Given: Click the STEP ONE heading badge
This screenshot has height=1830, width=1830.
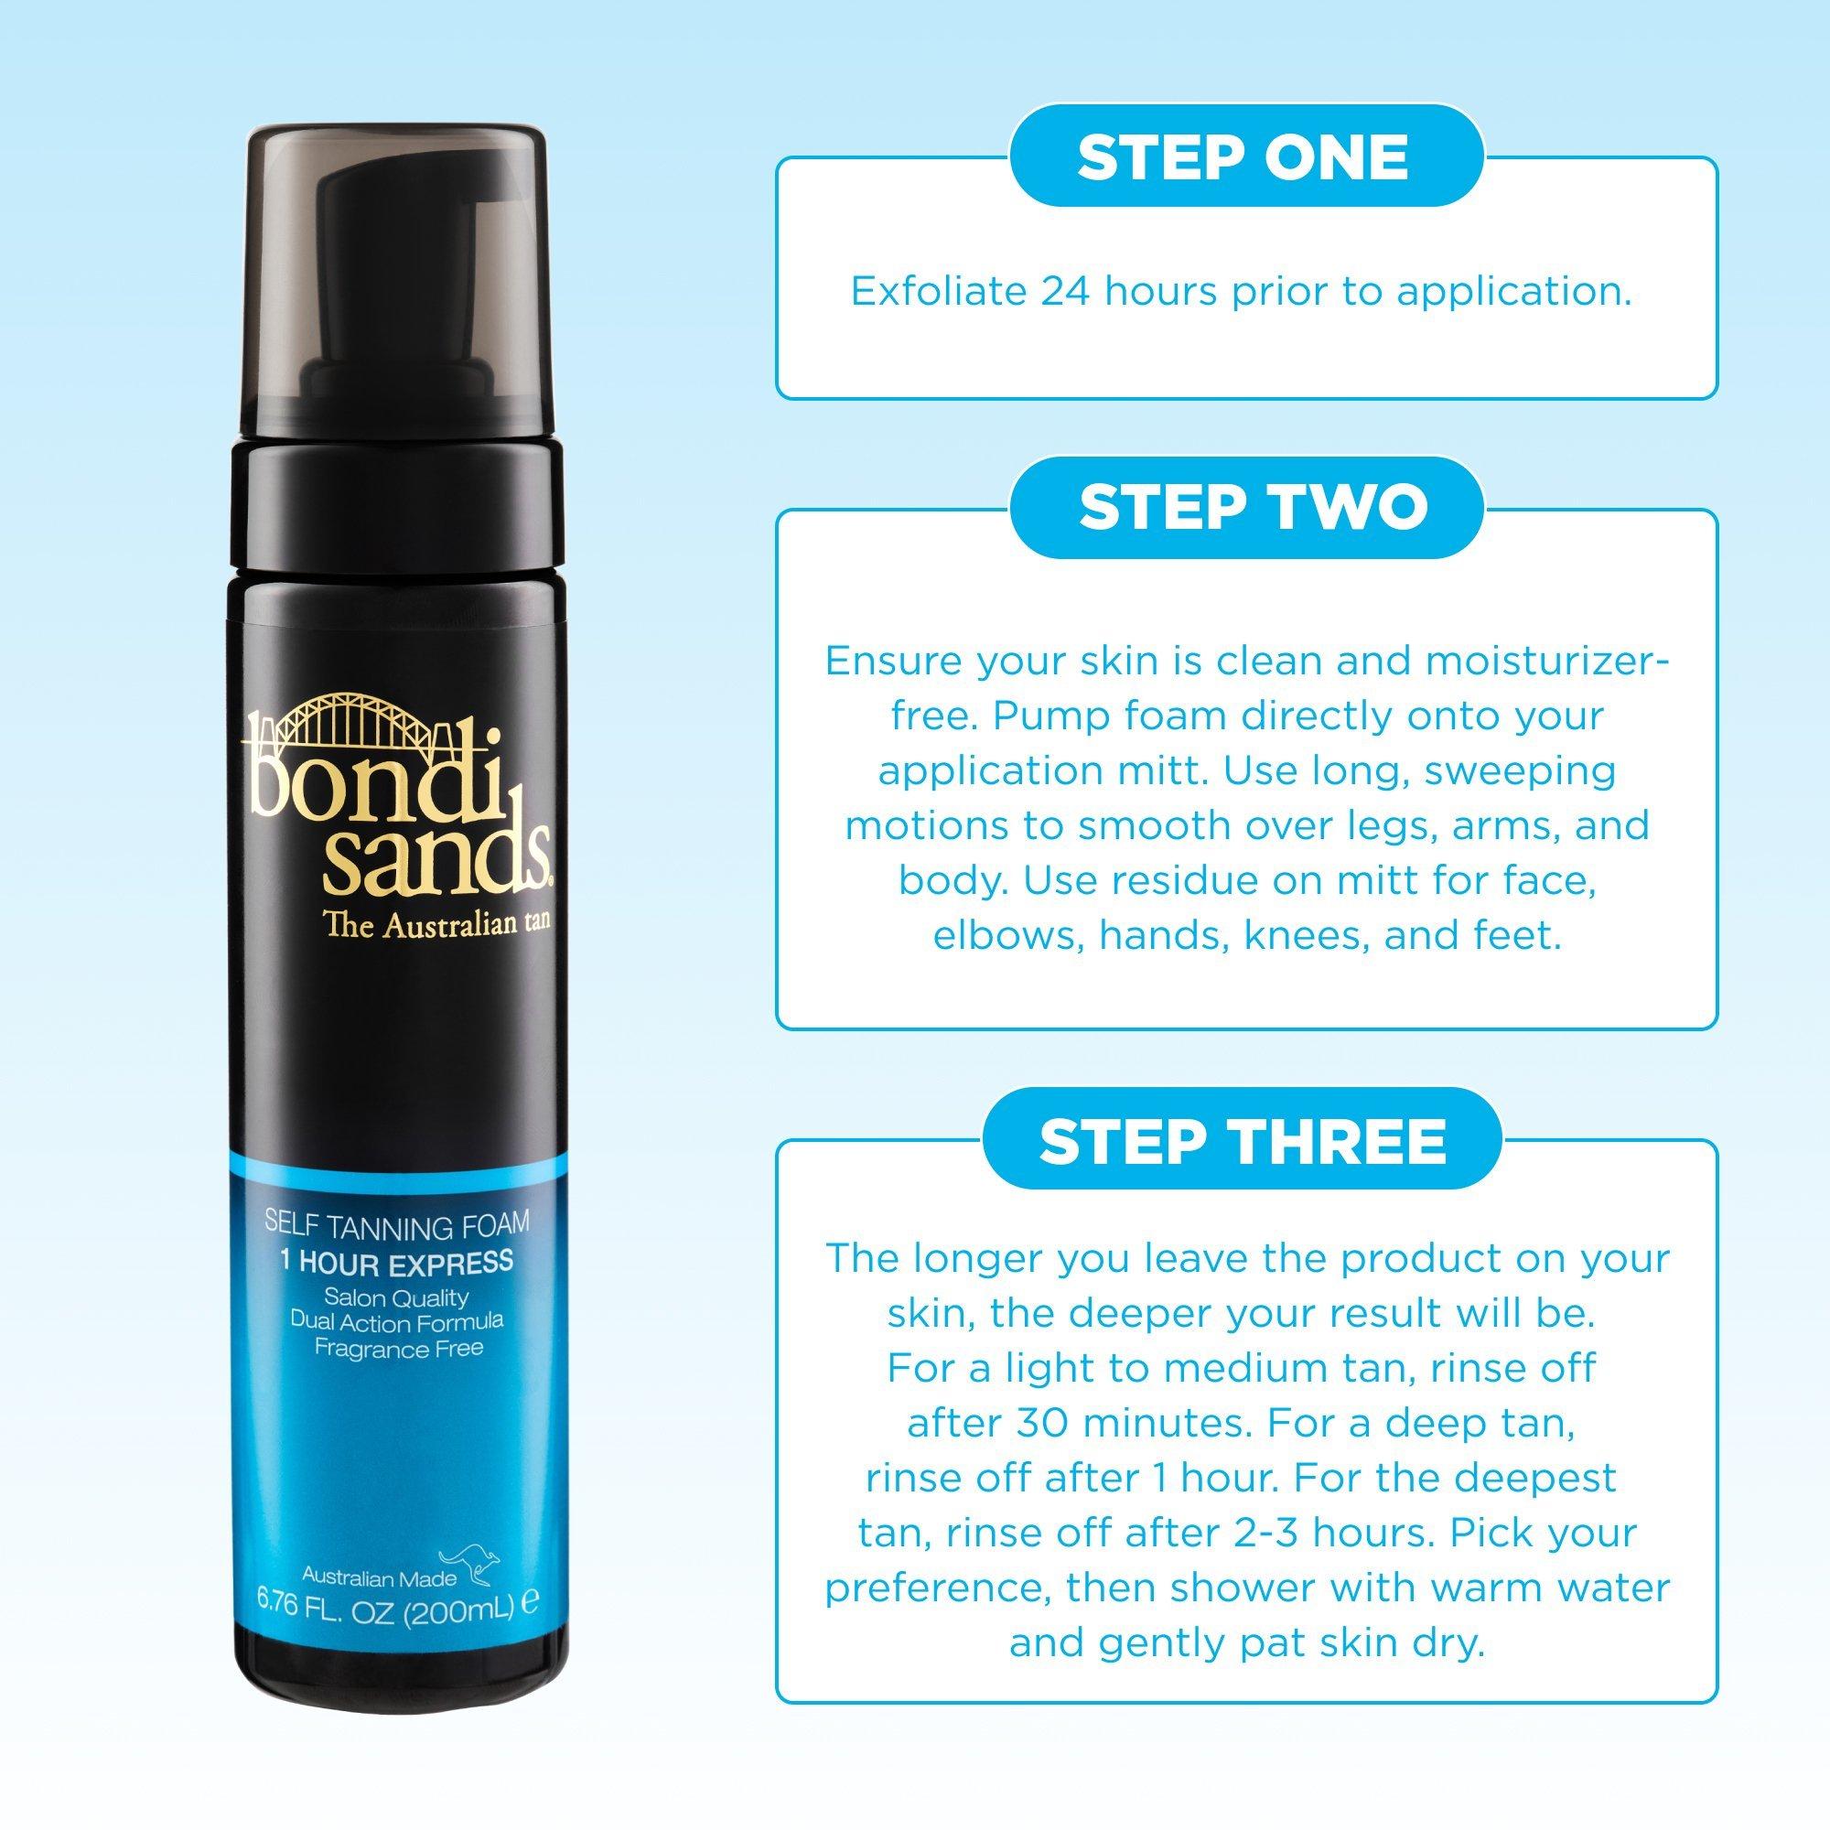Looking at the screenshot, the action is pos(1243,157).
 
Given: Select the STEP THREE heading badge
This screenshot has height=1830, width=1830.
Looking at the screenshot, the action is pos(1243,1140).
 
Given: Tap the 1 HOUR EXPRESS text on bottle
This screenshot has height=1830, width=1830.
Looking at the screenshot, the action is pos(397,1263).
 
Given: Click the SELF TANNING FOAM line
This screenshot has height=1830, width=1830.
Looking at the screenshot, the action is pos(397,1226).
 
